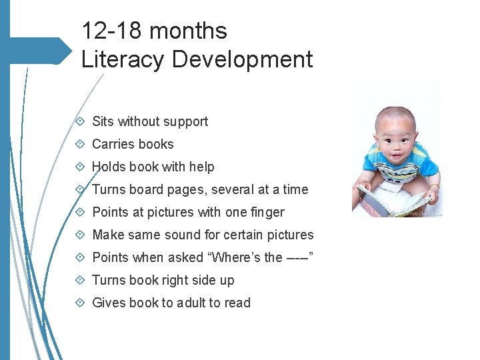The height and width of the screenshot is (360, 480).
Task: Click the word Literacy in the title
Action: click(123, 60)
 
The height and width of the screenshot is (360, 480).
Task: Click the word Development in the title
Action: click(242, 60)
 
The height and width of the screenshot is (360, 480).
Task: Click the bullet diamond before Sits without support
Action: click(80, 121)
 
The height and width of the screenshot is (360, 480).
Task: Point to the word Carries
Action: click(111, 144)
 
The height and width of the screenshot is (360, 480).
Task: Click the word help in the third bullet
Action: click(201, 167)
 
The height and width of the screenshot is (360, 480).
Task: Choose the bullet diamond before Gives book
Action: click(80, 303)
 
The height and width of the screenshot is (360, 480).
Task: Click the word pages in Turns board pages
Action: click(187, 189)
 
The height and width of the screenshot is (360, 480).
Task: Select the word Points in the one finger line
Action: click(110, 212)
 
